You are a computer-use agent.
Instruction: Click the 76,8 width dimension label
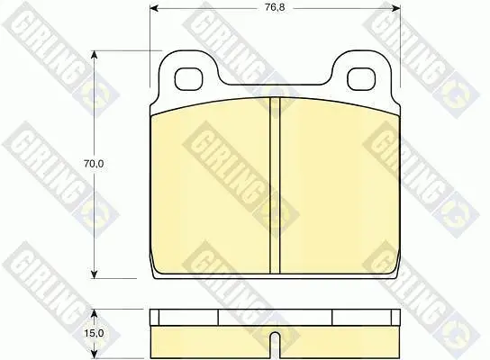275,7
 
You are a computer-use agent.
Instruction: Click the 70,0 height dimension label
94,164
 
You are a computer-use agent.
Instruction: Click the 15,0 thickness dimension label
94,334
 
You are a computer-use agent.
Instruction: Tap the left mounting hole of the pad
188,78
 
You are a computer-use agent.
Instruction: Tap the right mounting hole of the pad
361,78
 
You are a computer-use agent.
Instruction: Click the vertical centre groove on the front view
275,185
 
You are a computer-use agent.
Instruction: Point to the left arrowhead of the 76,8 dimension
154,8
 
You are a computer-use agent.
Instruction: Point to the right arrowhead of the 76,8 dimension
396,8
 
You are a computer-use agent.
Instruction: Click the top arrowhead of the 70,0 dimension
94,55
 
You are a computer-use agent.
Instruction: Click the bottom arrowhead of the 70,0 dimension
94,274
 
